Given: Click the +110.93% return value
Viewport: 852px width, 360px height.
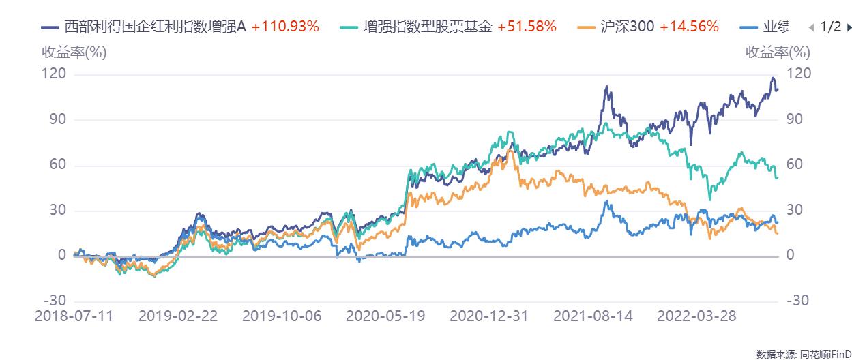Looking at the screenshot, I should click(x=285, y=27).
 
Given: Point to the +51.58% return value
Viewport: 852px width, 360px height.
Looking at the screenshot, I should click(x=527, y=27).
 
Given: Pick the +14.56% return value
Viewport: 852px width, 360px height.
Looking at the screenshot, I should click(x=689, y=27).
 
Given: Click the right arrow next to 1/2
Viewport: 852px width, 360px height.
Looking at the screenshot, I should click(x=849, y=28).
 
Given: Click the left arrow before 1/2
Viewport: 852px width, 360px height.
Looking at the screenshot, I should click(x=811, y=28).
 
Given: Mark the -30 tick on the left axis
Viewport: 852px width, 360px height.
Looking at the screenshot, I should click(x=54, y=301).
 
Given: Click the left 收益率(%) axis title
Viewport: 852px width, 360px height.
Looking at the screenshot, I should click(x=74, y=52).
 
